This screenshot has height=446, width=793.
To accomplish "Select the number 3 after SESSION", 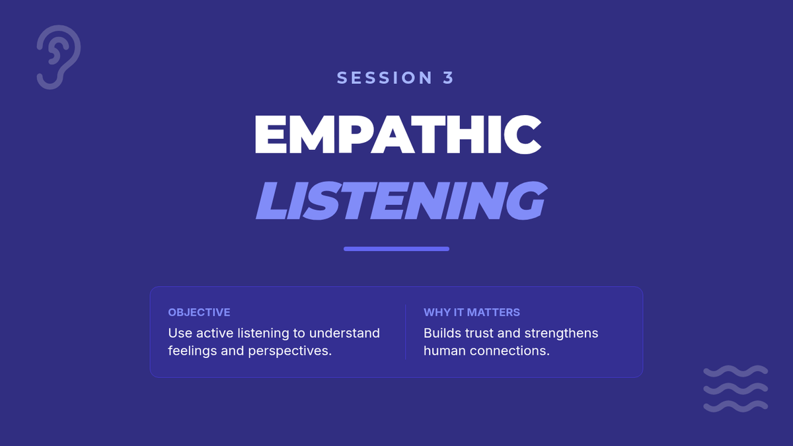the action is [x=448, y=78].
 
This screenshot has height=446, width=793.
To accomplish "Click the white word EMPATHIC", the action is [x=398, y=135].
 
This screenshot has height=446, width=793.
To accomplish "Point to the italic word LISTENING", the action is [x=402, y=200].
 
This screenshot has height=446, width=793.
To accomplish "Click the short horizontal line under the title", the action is [x=397, y=249].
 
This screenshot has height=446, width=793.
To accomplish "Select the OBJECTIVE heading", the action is [x=199, y=312].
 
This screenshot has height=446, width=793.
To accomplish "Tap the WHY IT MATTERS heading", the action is [x=472, y=312].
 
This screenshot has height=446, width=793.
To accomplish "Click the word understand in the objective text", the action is [x=344, y=333].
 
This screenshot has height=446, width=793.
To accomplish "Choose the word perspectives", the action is [x=289, y=351].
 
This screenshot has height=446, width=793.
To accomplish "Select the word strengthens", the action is [x=561, y=334].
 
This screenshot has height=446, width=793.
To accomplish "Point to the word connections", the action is [x=510, y=351].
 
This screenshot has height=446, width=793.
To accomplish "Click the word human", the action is [x=445, y=351].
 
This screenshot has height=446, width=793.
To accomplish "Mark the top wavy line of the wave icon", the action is [x=736, y=371].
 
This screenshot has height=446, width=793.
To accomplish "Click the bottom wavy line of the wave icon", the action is [x=736, y=406].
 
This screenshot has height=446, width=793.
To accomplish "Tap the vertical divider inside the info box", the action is [x=405, y=332].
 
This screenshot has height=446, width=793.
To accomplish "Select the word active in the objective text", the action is [x=215, y=333].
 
